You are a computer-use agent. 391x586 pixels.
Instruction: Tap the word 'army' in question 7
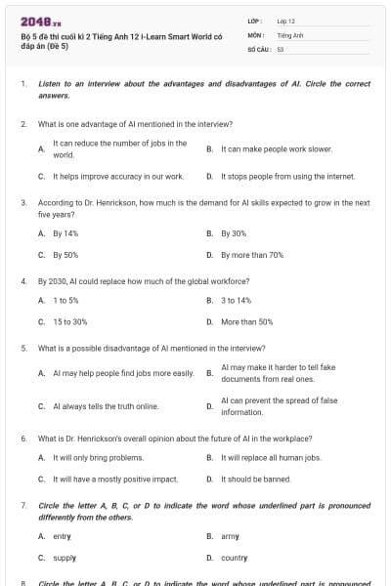pyautogui.click(x=230, y=536)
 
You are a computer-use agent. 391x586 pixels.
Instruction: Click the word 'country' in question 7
pyautogui.click(x=235, y=558)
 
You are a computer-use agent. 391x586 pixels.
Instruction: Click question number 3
pyautogui.click(x=23, y=202)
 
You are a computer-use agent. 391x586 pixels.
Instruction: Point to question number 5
pyautogui.click(x=23, y=348)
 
